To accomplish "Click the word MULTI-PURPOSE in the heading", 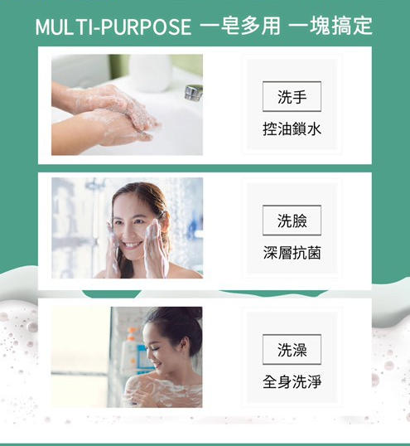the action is point(113,27).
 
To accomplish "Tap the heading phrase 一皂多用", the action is point(240,26).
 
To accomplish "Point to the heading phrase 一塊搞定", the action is point(330,26).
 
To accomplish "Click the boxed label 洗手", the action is point(292,96).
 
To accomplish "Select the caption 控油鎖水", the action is point(292,129).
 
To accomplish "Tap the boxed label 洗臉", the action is point(292,221).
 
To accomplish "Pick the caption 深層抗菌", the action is point(292,253).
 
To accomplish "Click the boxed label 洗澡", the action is point(292,349).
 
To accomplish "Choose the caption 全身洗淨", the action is point(292,381).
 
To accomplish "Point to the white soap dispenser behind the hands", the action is point(150,73).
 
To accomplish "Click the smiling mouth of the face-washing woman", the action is point(133,245).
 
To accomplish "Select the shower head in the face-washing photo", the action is point(95,183).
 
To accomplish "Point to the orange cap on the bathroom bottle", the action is point(131,333).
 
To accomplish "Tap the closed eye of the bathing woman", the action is point(154,348).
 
